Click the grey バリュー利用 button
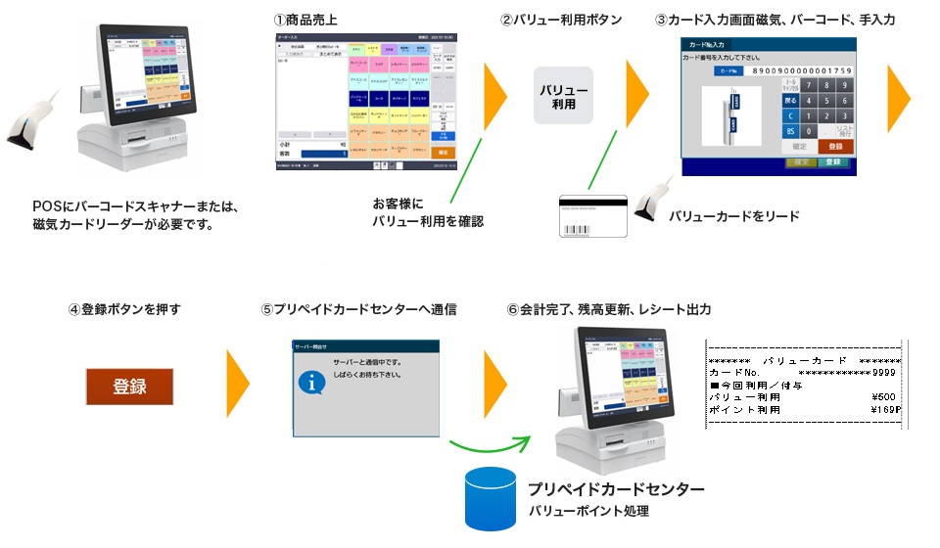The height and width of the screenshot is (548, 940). click(563, 96)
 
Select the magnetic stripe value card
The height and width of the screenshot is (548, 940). click(592, 216)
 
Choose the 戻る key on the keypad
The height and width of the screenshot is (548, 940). click(790, 100)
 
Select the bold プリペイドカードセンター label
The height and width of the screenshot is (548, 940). click(615, 489)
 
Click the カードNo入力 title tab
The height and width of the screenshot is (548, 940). click(707, 45)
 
